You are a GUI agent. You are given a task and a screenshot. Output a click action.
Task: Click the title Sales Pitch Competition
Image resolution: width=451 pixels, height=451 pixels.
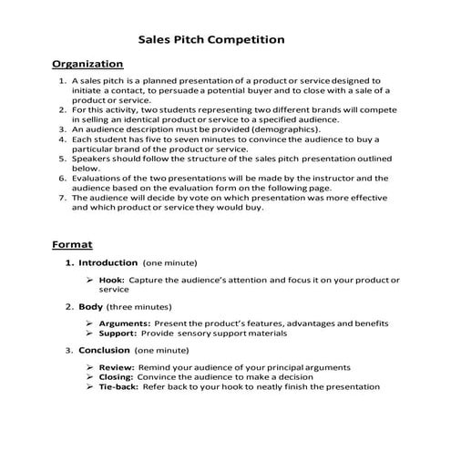pyautogui.click(x=210, y=40)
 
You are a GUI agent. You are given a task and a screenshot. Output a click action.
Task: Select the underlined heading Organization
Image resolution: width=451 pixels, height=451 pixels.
pyautogui.click(x=87, y=64)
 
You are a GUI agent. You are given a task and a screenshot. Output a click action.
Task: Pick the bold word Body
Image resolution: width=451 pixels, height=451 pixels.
pyautogui.click(x=91, y=307)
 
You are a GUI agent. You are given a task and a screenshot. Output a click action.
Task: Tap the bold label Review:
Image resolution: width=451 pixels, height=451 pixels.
pyautogui.click(x=118, y=367)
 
